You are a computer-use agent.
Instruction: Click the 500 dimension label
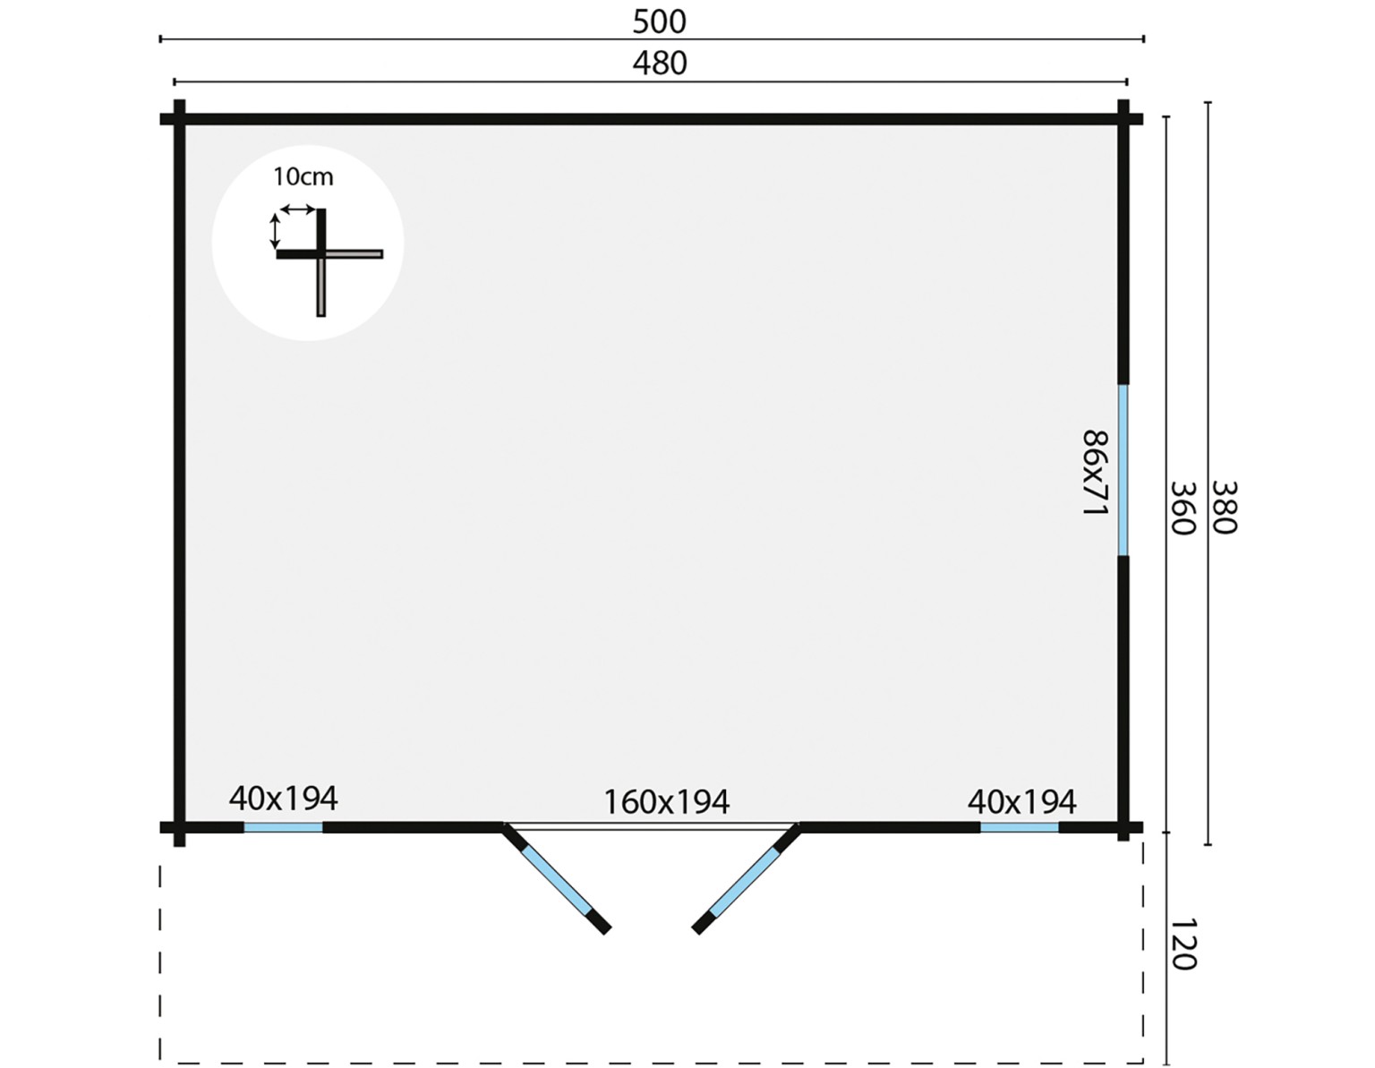[659, 21]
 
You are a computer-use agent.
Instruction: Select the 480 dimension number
[660, 64]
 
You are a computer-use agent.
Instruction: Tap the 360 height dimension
[1182, 508]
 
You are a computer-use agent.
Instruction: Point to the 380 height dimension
[1224, 508]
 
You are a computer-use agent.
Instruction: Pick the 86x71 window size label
[1096, 473]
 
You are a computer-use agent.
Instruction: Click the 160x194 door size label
[666, 802]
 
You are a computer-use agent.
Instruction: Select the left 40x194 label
[284, 799]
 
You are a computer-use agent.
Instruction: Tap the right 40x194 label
[1022, 801]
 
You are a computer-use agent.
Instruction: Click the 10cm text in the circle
[303, 176]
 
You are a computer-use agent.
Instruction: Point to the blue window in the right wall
[1123, 470]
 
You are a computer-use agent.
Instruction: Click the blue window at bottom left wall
[284, 827]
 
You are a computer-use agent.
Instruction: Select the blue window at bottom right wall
[1020, 827]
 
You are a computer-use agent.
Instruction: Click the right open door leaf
[746, 880]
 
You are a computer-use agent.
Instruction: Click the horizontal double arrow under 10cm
[297, 209]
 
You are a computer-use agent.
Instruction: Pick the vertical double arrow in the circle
[275, 231]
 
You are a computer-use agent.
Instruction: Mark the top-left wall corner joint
[180, 119]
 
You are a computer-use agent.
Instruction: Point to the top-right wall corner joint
[1123, 119]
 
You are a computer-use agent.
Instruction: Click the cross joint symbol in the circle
[321, 254]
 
